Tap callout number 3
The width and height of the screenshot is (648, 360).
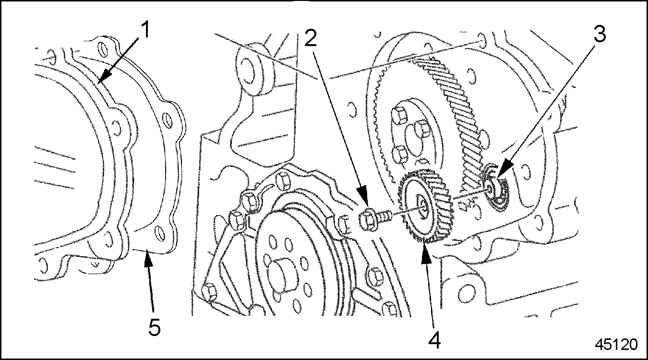tap(600, 35)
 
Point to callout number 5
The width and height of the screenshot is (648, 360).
tap(154, 327)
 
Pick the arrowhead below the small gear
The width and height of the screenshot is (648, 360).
tap(426, 255)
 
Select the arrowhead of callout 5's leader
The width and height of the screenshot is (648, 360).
tap(148, 259)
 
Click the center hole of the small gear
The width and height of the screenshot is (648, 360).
tap(422, 206)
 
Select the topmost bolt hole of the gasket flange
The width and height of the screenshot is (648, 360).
tap(102, 48)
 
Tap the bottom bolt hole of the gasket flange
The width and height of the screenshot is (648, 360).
tap(160, 233)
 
